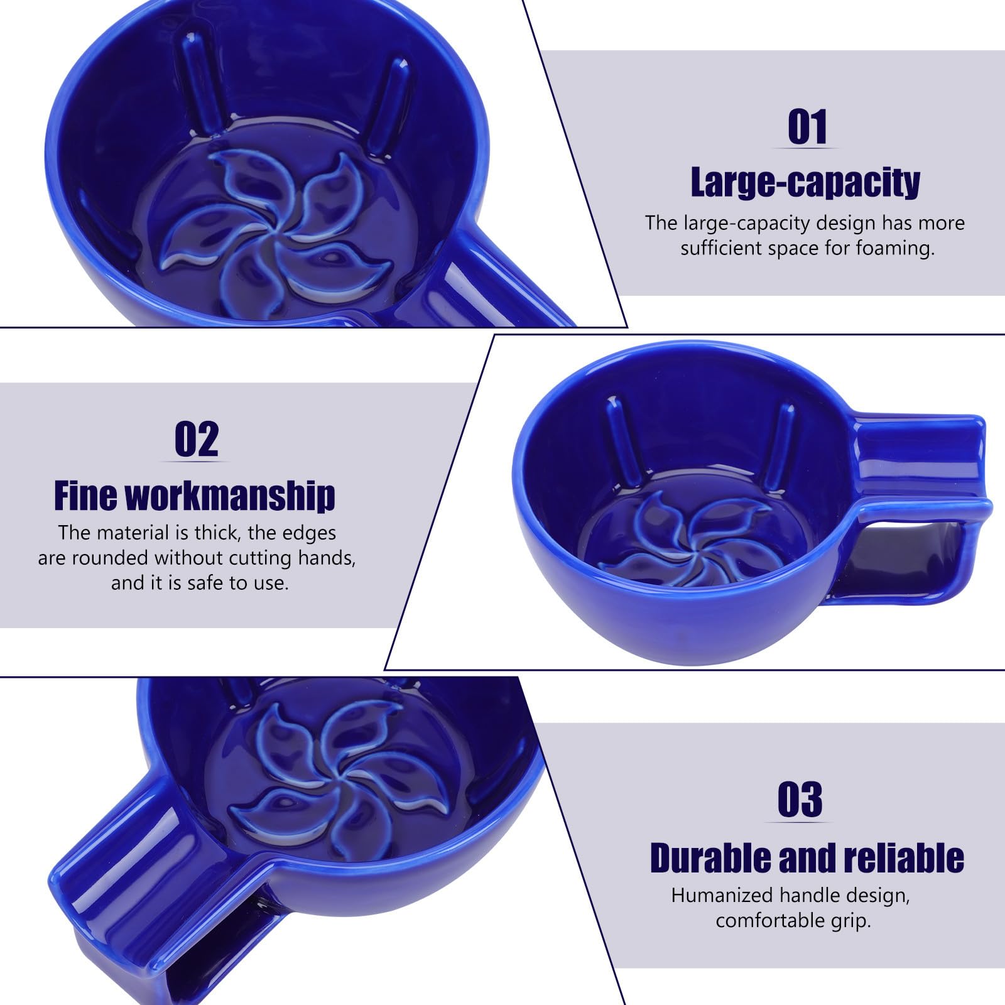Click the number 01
(807, 127)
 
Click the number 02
(197, 440)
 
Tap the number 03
(800, 800)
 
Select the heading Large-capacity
(805, 182)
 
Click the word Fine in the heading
(85, 496)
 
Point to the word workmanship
(230, 496)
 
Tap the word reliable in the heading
(904, 858)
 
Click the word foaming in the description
(895, 249)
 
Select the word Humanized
(722, 895)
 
